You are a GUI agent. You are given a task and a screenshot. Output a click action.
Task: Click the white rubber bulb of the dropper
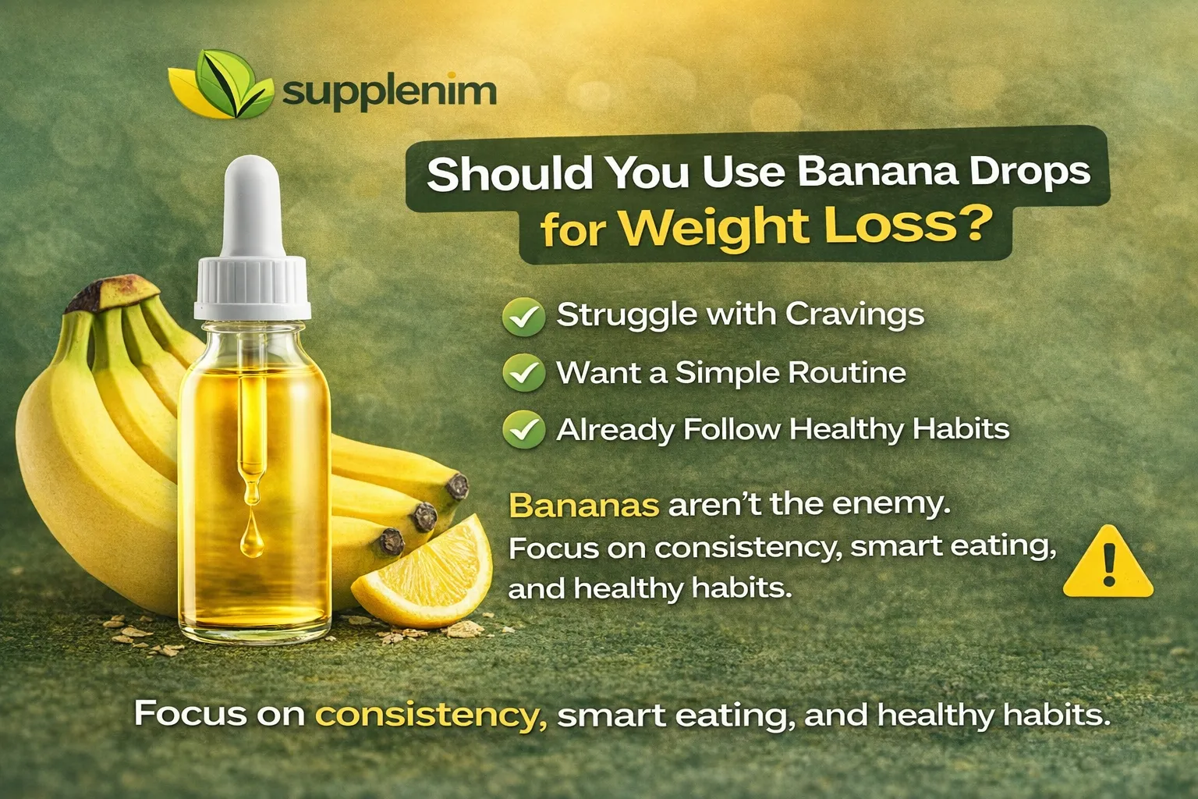252,207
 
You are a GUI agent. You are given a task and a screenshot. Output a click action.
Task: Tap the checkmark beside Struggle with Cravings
523,315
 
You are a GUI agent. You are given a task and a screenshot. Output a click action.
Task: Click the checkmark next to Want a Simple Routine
523,373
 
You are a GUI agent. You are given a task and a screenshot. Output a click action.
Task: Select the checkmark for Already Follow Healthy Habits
523,430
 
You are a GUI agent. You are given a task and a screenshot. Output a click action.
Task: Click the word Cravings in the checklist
854,314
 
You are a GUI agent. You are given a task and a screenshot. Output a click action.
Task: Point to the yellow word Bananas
583,506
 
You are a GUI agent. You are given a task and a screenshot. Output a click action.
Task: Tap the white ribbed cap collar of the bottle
253,286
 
